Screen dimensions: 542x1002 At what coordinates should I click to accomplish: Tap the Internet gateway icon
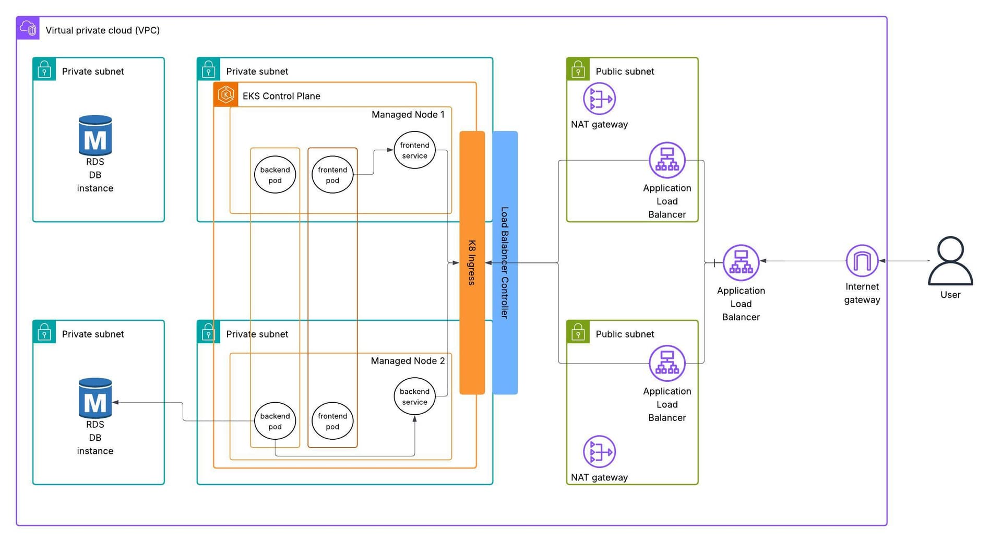(862, 260)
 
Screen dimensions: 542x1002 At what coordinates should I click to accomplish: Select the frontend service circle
(414, 150)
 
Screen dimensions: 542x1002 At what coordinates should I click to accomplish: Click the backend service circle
(414, 396)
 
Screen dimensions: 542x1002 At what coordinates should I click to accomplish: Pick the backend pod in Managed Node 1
(275, 175)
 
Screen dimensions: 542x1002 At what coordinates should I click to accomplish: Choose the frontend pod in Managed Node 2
(332, 421)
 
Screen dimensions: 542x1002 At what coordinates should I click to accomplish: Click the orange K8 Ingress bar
(472, 262)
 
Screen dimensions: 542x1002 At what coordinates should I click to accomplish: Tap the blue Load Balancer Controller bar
(505, 262)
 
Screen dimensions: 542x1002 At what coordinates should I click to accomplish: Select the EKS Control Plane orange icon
(226, 95)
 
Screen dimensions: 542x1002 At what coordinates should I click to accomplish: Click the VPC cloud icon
(28, 28)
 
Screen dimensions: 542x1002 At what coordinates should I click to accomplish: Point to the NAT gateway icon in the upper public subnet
(599, 99)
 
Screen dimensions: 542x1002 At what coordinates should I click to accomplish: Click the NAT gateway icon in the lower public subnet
(599, 451)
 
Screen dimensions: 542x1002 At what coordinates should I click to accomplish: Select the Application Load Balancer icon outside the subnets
(741, 262)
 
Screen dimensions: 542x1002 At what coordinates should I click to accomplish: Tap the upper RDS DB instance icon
(95, 136)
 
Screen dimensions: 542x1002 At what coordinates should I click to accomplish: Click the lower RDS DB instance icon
(95, 398)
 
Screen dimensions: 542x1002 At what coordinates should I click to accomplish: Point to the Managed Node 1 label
(408, 115)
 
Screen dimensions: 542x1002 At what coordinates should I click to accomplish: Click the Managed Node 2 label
(408, 361)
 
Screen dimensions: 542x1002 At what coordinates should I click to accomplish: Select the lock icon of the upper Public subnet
(578, 69)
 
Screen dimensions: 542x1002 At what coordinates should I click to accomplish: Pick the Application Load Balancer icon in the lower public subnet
(666, 363)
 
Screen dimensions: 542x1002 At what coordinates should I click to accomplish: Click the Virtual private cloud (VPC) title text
(102, 30)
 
